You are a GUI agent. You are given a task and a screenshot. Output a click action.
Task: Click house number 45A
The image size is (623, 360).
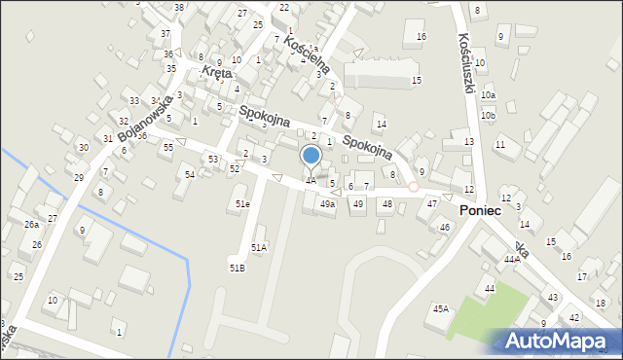pyautogui.click(x=441, y=308)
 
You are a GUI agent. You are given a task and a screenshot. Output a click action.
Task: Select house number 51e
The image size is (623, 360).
pyautogui.click(x=242, y=204)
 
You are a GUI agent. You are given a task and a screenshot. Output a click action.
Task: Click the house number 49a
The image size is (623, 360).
pyautogui.click(x=328, y=204)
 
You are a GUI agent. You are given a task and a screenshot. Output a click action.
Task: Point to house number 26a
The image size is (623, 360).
pyautogui.click(x=31, y=225)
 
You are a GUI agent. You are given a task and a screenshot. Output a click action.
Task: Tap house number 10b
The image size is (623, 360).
pyautogui.click(x=488, y=116)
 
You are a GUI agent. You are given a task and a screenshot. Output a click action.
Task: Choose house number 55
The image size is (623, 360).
pyautogui.click(x=168, y=147)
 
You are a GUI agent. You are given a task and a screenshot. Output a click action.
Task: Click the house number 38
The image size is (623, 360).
pyautogui.click(x=178, y=8)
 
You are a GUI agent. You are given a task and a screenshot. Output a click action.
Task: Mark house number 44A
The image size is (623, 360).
pyautogui.click(x=512, y=260)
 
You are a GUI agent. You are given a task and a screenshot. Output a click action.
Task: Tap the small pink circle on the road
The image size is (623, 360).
pyautogui.click(x=413, y=186)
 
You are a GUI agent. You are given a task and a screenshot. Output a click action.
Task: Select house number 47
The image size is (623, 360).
pyautogui.click(x=432, y=203)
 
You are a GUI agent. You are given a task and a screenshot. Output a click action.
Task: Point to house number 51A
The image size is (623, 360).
pyautogui.click(x=259, y=247)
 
